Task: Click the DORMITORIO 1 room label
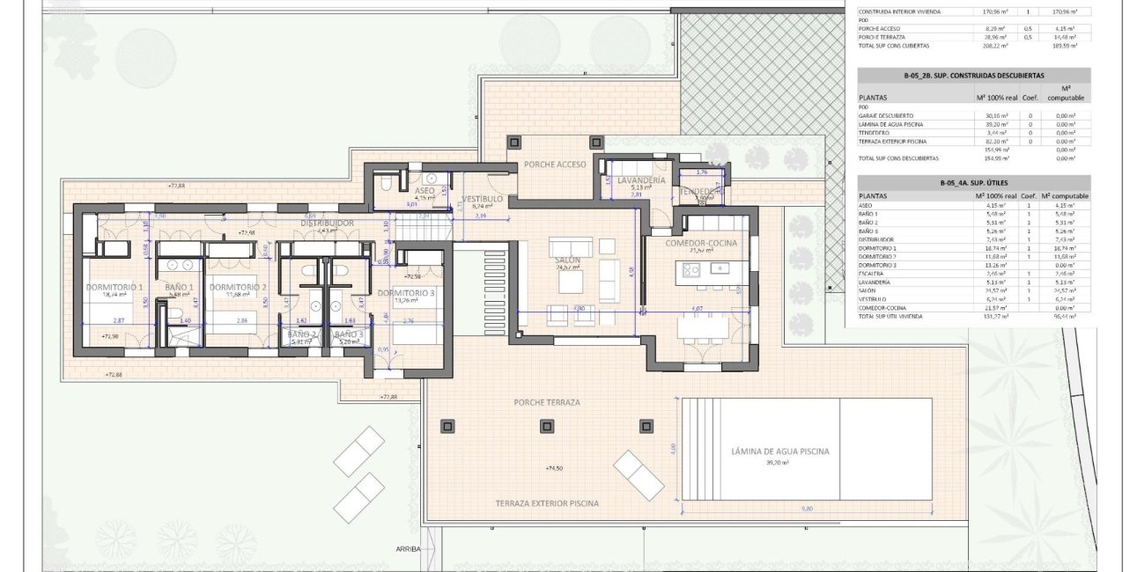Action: tap(114, 287)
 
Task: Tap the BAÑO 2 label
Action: tap(301, 334)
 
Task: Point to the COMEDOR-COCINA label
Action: tap(700, 243)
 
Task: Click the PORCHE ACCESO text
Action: tap(554, 165)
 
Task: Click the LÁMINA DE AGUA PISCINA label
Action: tap(779, 451)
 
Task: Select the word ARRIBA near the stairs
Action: tap(409, 549)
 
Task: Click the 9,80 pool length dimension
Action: tap(806, 508)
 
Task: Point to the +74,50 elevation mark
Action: tap(553, 468)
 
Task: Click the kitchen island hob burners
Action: tap(690, 268)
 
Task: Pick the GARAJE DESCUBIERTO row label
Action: tap(885, 115)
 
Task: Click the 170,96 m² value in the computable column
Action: tap(1066, 11)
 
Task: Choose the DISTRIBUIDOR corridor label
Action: tap(327, 224)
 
